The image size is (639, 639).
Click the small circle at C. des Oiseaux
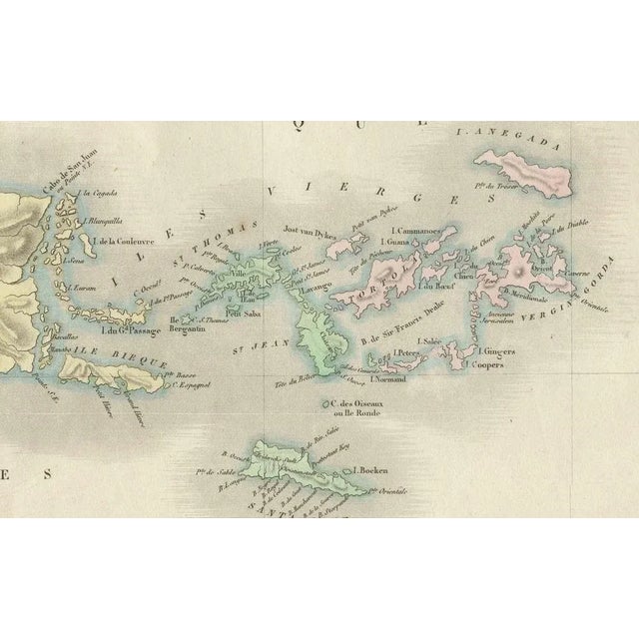[x=326, y=403]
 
